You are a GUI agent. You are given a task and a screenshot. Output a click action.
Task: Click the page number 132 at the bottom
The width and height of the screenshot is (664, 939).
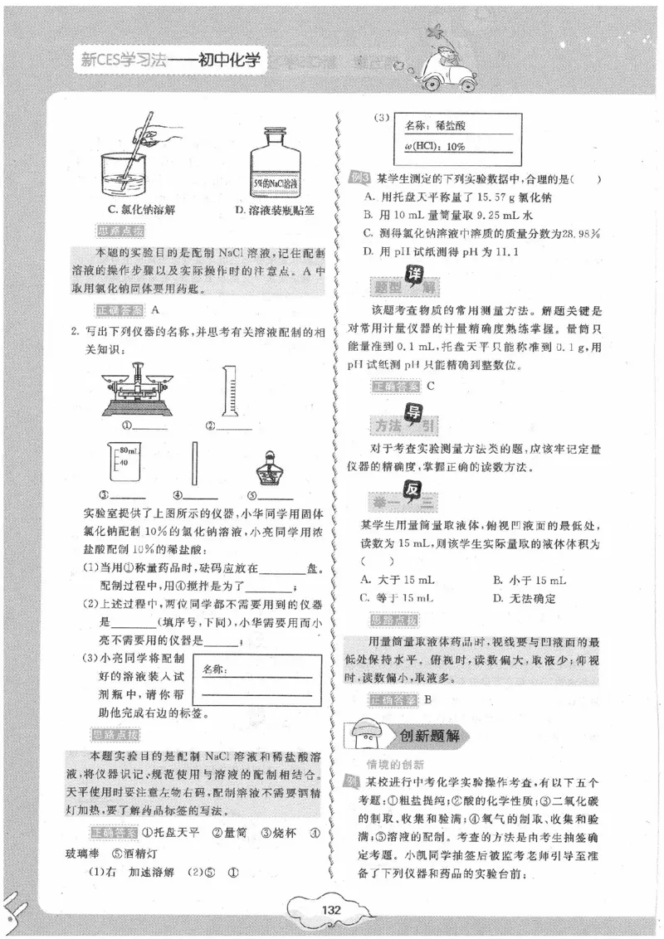(331, 910)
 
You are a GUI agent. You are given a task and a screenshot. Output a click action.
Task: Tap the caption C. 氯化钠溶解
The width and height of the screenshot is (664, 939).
(142, 211)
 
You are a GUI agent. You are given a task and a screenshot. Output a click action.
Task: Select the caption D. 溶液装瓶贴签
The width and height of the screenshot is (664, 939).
(274, 211)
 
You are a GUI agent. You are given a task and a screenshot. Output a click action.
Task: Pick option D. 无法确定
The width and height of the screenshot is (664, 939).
(524, 598)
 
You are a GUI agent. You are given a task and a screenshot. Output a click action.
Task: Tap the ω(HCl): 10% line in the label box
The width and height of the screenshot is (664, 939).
(435, 146)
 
